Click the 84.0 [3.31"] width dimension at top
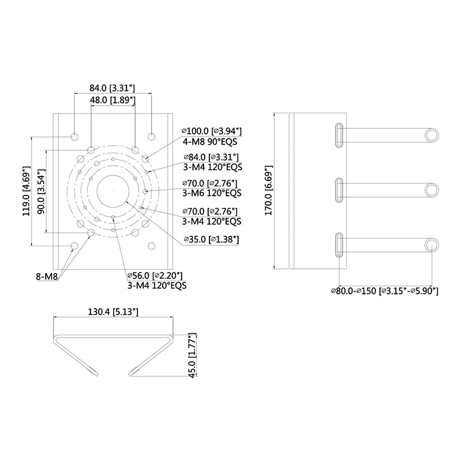tap(112, 88)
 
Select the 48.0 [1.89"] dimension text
tap(112, 100)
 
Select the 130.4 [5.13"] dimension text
tap(113, 312)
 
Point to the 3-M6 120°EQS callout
tap(212, 193)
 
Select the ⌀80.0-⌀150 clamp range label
tap(384, 292)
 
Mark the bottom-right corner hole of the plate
tap(151, 246)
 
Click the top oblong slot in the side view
tap(340, 135)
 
